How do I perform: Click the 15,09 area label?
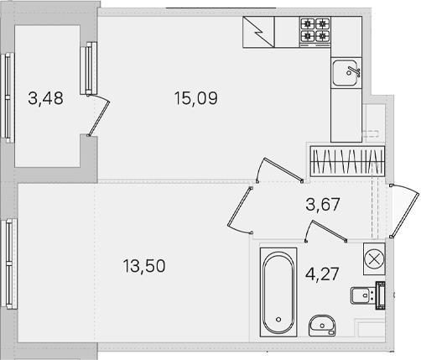click(195, 98)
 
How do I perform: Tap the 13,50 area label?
click(144, 266)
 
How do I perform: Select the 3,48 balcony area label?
click(45, 98)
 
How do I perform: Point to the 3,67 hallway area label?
click(323, 204)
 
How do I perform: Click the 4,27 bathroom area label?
click(322, 274)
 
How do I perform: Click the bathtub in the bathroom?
click(278, 292)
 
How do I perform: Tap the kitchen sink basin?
click(345, 73)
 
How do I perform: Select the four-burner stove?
click(315, 32)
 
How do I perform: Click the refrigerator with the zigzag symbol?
click(258, 32)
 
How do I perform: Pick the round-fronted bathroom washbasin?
click(322, 326)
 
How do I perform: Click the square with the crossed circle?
click(374, 259)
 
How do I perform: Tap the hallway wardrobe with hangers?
click(347, 161)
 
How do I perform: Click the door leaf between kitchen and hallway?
click(283, 170)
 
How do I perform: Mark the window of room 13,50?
click(9, 263)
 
